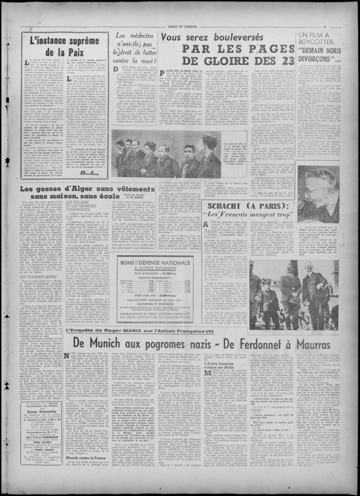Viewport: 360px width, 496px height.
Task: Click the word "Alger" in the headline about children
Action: pyautogui.click(x=77, y=189)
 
